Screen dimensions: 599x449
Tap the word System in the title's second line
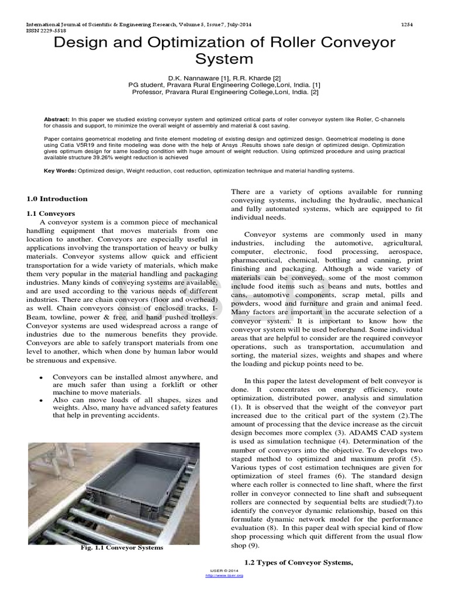coord(224,59)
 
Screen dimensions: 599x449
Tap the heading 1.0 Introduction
coord(58,199)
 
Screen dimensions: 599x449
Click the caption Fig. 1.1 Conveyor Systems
coord(121,548)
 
